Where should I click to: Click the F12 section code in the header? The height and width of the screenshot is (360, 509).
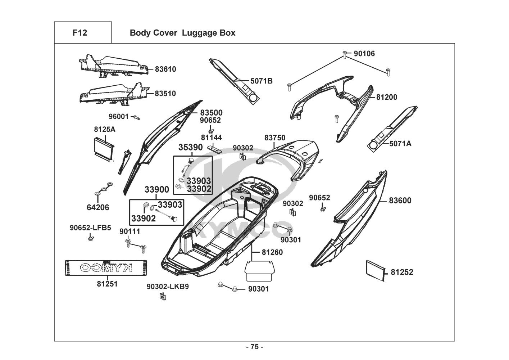tap(79, 33)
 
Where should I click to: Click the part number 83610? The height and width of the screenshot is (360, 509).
tap(165, 69)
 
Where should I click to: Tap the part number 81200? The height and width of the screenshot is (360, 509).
tap(387, 97)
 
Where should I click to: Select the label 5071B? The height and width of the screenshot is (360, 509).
tap(262, 81)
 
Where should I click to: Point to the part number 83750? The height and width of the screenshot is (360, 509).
tap(275, 138)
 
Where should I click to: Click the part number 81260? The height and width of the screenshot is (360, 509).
tap(272, 252)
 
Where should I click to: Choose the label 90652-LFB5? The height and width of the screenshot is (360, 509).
tap(90, 228)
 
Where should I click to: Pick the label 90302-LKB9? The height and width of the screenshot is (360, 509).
tap(168, 287)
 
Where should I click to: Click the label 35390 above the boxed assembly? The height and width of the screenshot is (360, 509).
tap(191, 148)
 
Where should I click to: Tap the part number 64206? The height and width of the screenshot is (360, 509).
tap(98, 207)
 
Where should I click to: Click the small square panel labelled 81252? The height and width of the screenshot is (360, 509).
tap(375, 270)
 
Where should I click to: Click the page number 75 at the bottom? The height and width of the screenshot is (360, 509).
tap(254, 347)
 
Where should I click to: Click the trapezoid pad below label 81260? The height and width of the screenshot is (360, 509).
tap(260, 272)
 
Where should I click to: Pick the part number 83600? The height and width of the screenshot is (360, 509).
tap(400, 201)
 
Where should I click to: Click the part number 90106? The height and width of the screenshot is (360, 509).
tap(364, 54)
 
